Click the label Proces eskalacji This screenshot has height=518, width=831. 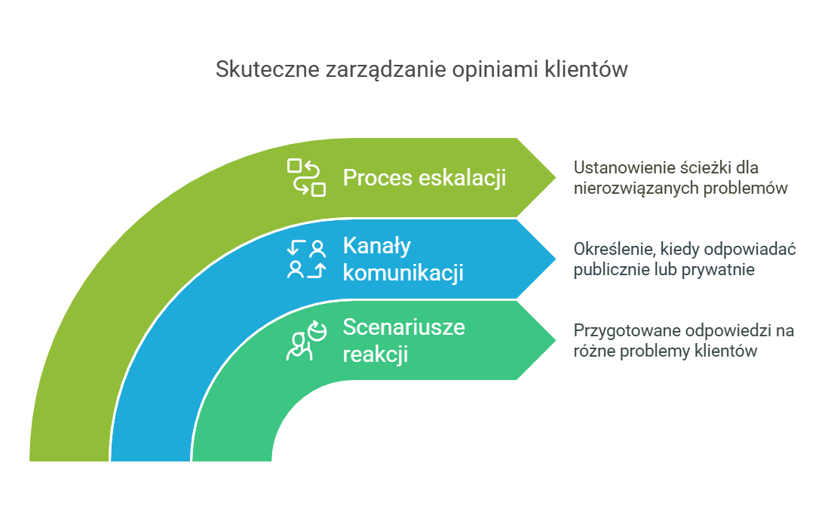(x=425, y=177)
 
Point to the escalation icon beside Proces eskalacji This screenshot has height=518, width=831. (x=306, y=177)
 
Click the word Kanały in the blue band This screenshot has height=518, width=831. (x=377, y=247)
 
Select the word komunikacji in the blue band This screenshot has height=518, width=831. (x=403, y=272)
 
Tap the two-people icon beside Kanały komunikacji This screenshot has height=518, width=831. (x=306, y=259)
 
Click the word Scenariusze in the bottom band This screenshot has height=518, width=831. (x=404, y=326)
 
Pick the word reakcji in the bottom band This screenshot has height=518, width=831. (x=376, y=354)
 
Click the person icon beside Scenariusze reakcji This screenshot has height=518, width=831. (x=306, y=341)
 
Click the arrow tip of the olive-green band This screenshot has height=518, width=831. (x=556, y=177)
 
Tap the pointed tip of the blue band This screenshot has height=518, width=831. (x=556, y=259)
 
